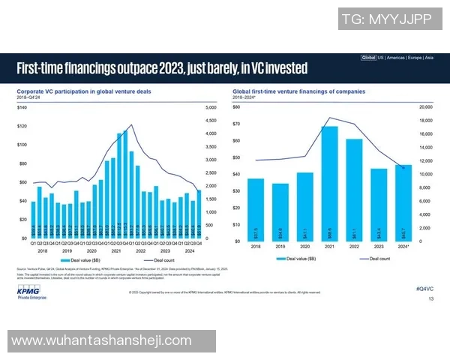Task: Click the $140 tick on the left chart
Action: pos(22,108)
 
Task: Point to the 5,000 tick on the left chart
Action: pos(211,108)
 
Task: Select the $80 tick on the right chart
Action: pos(236,107)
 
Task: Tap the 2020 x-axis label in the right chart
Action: pos(304,245)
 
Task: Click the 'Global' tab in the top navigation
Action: pos(368,57)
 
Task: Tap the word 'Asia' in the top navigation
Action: pos(428,57)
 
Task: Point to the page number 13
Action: pos(430,298)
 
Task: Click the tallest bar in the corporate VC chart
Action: pos(124,184)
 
